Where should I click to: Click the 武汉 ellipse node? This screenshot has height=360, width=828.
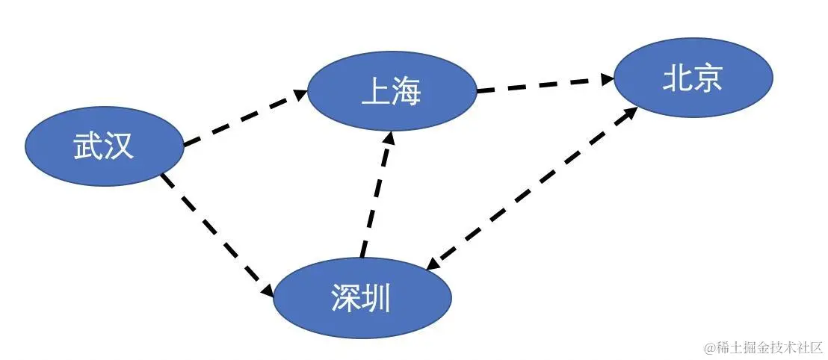pos(104,146)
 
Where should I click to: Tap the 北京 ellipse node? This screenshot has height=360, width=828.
pos(693,78)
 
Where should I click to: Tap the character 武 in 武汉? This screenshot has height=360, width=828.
pos(88,146)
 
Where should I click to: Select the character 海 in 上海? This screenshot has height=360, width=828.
pos(407,92)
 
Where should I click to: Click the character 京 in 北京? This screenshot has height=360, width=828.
pos(708,78)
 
